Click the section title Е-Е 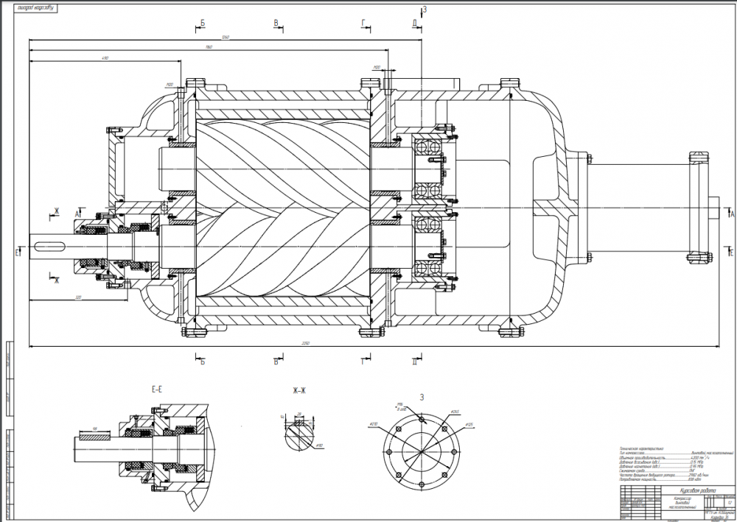pos(156,389)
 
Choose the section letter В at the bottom pos(276,361)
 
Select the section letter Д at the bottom pos(415,361)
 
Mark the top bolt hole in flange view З pos(422,420)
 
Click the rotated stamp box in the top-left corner pos(29,9)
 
